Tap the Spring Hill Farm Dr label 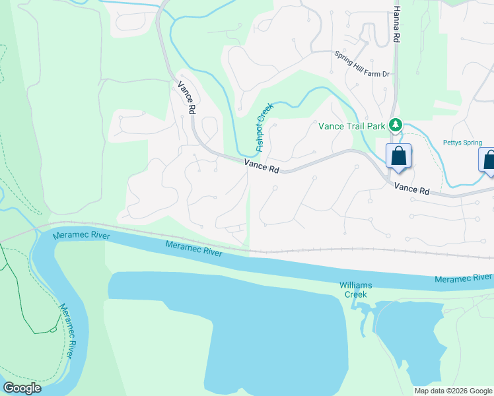pyautogui.click(x=362, y=73)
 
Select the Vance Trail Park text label pyautogui.click(x=351, y=125)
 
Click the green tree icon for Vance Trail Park pyautogui.click(x=395, y=124)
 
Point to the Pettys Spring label pyautogui.click(x=462, y=143)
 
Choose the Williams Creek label pyautogui.click(x=356, y=289)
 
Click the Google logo pyautogui.click(x=22, y=388)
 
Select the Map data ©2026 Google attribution pyautogui.click(x=453, y=391)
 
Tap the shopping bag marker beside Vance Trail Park pyautogui.click(x=398, y=157)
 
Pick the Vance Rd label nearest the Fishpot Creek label pyautogui.click(x=262, y=166)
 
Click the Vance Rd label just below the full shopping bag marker pyautogui.click(x=412, y=189)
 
